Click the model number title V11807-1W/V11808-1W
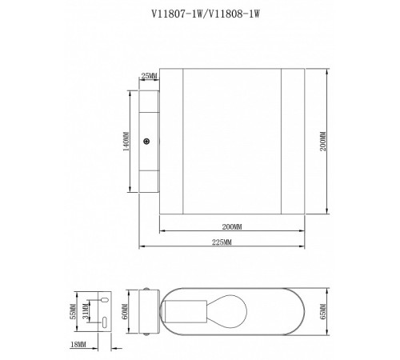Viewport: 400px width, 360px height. click(x=198, y=13)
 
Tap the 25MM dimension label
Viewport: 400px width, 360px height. click(x=149, y=76)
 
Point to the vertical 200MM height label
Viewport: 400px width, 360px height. click(x=322, y=142)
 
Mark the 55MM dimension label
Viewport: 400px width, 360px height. click(x=73, y=309)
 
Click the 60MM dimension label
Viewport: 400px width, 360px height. click(x=125, y=310)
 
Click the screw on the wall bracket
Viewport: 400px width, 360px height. click(x=146, y=142)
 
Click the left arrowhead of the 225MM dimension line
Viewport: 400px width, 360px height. click(x=142, y=246)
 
